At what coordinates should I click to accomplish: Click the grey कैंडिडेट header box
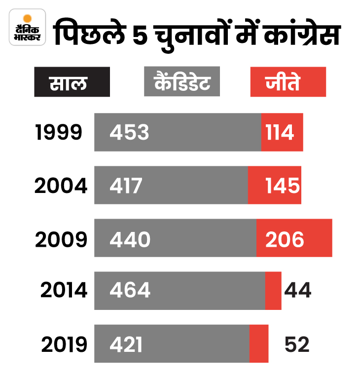click(x=181, y=82)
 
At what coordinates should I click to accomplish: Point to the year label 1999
click(x=58, y=132)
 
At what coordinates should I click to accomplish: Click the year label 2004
click(x=61, y=186)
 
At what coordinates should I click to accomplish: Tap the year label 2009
click(x=61, y=239)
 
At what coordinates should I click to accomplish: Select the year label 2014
click(x=64, y=291)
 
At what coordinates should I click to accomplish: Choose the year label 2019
click(x=64, y=344)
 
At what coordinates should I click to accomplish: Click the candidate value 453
click(x=129, y=132)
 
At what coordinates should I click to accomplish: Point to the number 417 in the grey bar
click(x=126, y=186)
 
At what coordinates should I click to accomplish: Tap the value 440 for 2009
click(x=130, y=239)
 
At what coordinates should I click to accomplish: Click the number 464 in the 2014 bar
click(x=130, y=291)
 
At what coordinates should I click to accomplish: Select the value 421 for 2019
click(x=126, y=344)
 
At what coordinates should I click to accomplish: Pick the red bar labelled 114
click(x=282, y=132)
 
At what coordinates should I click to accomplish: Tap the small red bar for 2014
click(x=273, y=291)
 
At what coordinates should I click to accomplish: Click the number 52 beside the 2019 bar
click(x=297, y=344)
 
